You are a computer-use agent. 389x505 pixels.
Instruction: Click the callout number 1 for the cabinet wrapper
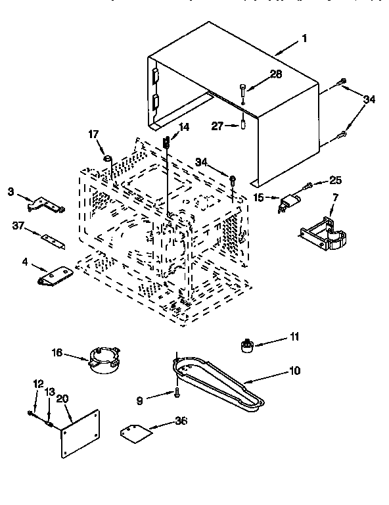point(304,38)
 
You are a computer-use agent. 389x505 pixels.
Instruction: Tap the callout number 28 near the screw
point(276,74)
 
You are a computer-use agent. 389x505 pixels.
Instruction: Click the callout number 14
point(183,128)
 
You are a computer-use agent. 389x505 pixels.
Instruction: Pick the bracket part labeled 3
point(50,203)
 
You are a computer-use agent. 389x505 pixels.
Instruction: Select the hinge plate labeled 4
point(55,275)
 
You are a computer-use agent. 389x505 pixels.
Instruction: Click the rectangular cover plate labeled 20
point(80,433)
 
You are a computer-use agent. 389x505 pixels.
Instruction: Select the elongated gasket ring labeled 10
point(217,384)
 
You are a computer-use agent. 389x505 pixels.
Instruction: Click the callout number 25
point(336,180)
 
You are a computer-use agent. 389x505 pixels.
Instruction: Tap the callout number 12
point(37,383)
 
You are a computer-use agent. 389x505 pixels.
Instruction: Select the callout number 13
point(49,392)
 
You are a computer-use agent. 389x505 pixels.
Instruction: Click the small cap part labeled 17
point(107,158)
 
